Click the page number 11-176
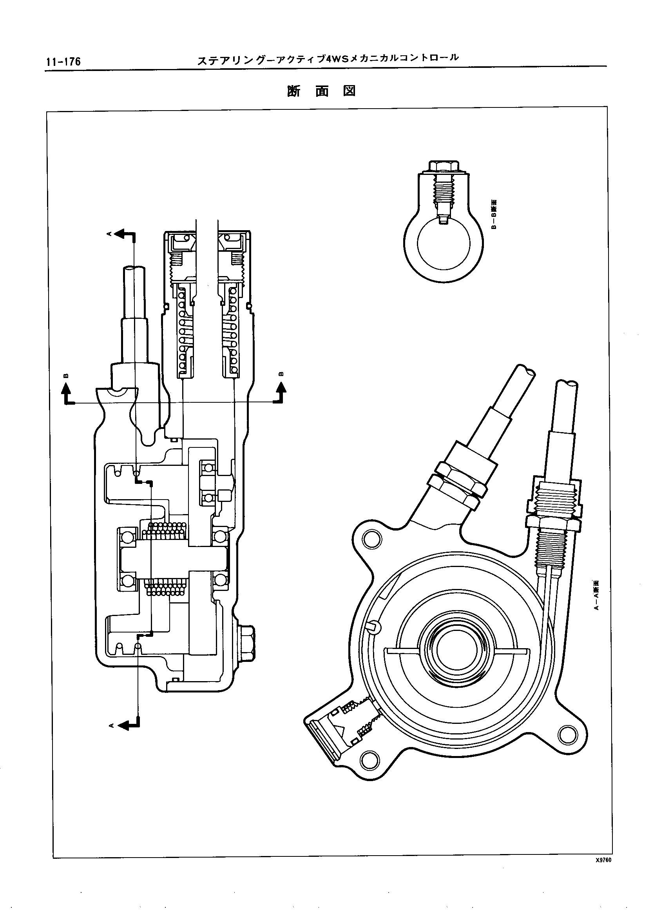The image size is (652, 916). point(63,62)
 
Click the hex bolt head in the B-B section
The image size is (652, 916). point(443,165)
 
